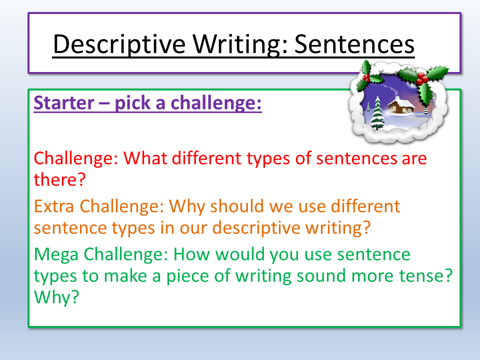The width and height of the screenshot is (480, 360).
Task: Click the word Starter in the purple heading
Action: click(63, 103)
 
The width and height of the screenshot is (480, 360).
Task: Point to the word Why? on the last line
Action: click(56, 297)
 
